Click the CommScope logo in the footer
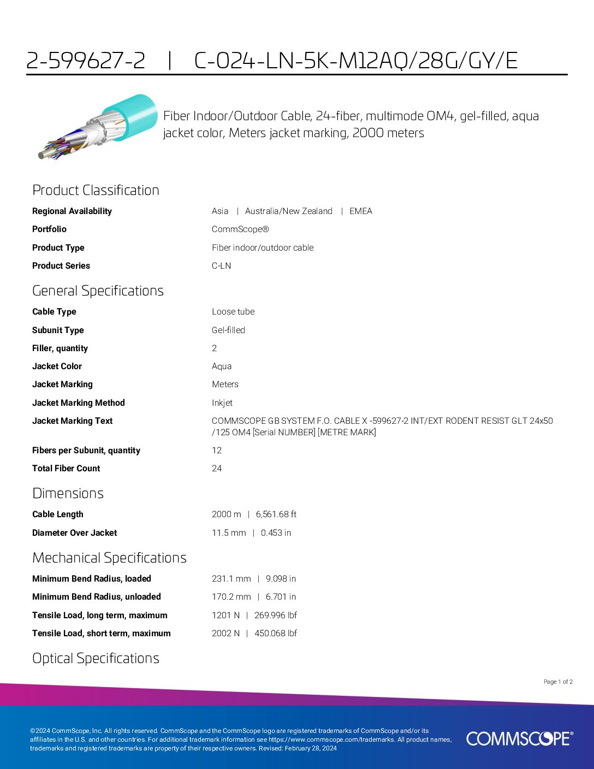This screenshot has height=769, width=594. tap(519, 738)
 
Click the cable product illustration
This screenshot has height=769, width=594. tap(97, 126)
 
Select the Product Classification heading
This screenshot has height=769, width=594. tap(96, 190)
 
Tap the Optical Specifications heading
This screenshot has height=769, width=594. tap(96, 658)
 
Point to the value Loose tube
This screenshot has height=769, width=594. tap(233, 312)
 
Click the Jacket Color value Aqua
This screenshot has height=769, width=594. tap(222, 366)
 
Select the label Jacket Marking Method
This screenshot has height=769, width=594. tap(79, 403)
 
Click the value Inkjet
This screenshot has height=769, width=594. tap(222, 403)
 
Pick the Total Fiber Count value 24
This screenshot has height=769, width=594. tap(217, 469)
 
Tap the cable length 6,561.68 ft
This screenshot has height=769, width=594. tap(276, 514)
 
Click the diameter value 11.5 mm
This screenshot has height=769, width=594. tap(229, 533)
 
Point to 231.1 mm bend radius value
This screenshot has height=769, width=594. tap(231, 579)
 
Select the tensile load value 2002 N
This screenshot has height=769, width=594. tap(225, 634)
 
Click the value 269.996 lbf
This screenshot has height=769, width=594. tap(275, 616)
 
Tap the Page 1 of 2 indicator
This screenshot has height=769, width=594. tap(558, 682)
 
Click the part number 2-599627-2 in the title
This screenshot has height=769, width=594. tap(86, 61)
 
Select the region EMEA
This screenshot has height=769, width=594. tap(361, 211)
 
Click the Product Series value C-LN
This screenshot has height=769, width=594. tap(221, 266)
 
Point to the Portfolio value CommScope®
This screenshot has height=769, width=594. tap(240, 229)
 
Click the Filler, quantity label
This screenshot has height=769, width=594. tap(60, 348)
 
